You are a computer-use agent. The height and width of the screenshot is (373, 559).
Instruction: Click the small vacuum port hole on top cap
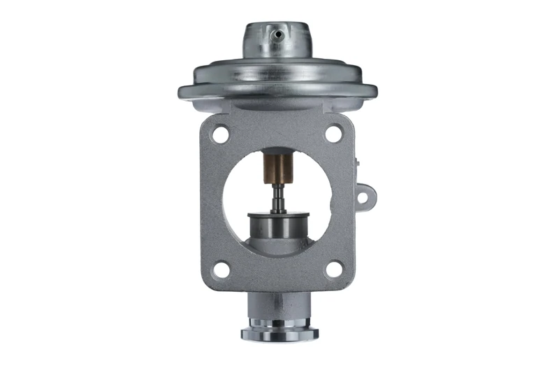[x=277, y=33]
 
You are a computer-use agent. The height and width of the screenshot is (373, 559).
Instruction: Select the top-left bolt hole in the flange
[x=220, y=134]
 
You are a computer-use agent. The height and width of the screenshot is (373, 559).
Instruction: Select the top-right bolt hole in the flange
[x=334, y=133]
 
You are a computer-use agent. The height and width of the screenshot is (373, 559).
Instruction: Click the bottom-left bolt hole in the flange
[x=222, y=269]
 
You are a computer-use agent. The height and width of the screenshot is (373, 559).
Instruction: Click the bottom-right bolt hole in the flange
[x=335, y=269]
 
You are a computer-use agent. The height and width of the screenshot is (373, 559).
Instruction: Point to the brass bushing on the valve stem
[x=277, y=169]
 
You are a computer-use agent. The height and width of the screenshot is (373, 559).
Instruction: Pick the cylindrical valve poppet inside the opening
[x=277, y=225]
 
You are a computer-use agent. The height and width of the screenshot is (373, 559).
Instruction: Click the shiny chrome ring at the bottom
[x=277, y=332]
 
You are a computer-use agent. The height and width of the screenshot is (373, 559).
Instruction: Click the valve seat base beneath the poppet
[x=277, y=245]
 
